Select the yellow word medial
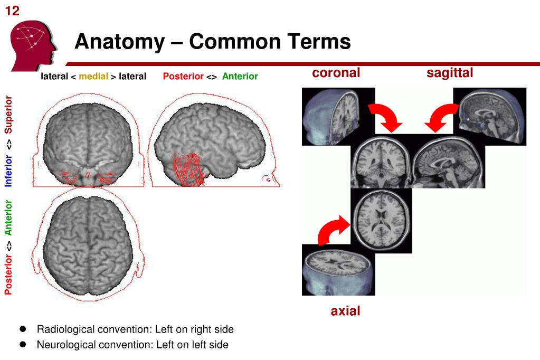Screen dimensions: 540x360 [93, 77]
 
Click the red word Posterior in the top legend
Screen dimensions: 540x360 [183, 77]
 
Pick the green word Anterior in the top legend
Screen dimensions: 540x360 [240, 77]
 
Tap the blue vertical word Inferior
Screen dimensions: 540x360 [9, 170]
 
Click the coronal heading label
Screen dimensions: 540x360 [336, 73]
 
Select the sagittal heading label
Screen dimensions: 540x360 [450, 73]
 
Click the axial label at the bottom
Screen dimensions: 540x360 [345, 311]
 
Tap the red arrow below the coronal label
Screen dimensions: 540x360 [386, 118]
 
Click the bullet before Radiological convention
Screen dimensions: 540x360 [23, 329]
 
